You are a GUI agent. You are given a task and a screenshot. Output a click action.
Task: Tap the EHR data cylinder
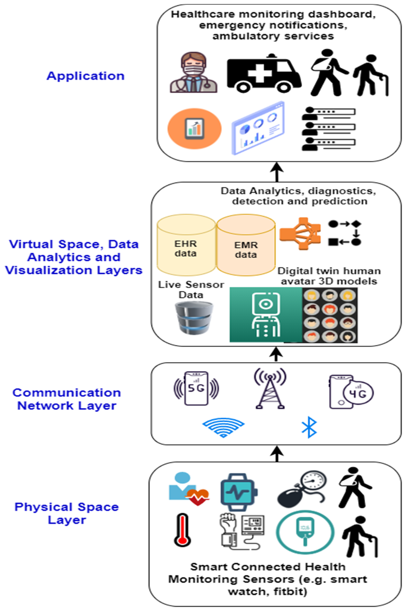[186, 245]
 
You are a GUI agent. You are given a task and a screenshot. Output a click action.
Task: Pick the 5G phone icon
[196, 388]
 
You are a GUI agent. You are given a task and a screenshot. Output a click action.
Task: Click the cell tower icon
[270, 389]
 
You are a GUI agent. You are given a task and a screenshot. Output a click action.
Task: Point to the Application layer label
[85, 76]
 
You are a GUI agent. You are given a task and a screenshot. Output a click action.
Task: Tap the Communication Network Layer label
[67, 399]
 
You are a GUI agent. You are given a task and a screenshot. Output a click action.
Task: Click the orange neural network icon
[300, 233]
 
